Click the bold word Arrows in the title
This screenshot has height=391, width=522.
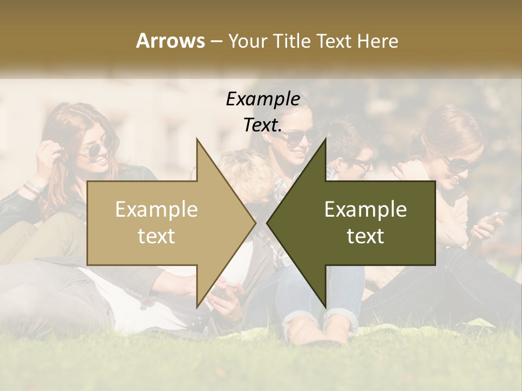pyautogui.click(x=170, y=41)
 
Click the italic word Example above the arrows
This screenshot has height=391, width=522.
pyautogui.click(x=263, y=99)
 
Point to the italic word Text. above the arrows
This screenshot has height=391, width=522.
pyautogui.click(x=263, y=125)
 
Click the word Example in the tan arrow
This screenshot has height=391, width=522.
pyautogui.click(x=157, y=209)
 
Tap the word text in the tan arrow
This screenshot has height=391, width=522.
pyautogui.click(x=157, y=236)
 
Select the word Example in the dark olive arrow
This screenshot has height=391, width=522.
pyautogui.click(x=365, y=209)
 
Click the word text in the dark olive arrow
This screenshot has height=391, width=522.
pyautogui.click(x=365, y=236)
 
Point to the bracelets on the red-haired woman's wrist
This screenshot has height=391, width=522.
pyautogui.click(x=33, y=187)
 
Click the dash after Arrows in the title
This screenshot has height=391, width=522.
pyautogui.click(x=216, y=41)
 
